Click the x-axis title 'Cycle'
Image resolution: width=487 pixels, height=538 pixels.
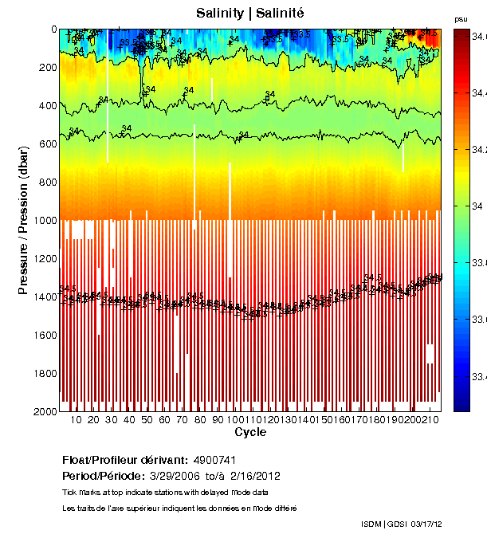pos(250,433)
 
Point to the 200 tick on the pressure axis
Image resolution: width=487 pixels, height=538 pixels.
pos(46,68)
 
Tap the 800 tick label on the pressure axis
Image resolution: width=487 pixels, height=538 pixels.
pos(46,183)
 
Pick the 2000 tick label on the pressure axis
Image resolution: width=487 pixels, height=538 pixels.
pos(43,411)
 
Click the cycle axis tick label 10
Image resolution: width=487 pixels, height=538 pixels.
pos(77,420)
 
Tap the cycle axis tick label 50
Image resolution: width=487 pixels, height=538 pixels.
pos(147,420)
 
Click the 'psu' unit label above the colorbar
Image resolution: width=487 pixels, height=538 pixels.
pos(461,19)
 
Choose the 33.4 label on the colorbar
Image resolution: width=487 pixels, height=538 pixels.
pos(479,375)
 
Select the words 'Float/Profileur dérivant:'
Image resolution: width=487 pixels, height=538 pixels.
pos(124,461)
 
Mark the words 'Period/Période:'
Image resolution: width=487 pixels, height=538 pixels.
pos(100,476)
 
